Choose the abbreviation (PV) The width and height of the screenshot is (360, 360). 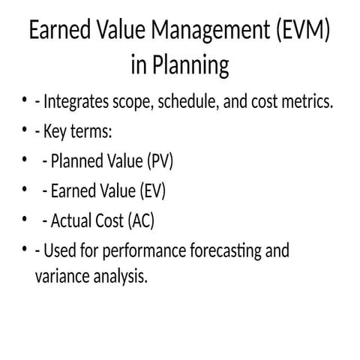(160, 161)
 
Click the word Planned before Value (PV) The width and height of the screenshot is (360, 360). (78, 161)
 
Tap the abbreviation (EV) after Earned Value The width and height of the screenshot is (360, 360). (152, 191)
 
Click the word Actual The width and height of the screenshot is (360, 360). (71, 221)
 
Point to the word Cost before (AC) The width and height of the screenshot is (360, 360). (109, 221)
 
